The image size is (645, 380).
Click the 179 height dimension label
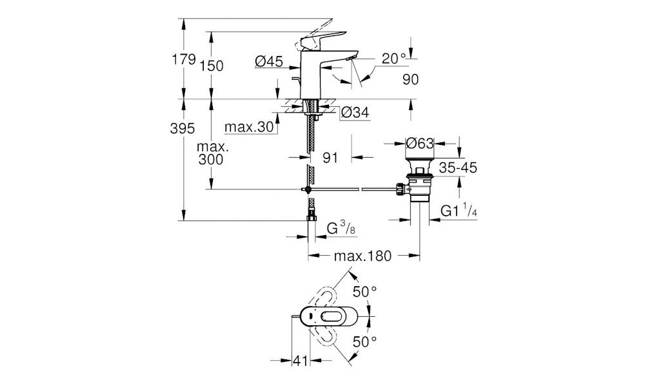pyautogui.click(x=183, y=59)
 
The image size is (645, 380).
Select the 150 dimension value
pyautogui.click(x=212, y=66)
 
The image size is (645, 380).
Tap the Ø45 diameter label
pyautogui.click(x=269, y=62)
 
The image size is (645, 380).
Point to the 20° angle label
pyautogui.click(x=393, y=59)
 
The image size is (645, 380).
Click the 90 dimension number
pyautogui.click(x=410, y=79)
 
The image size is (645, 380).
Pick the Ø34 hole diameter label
pyautogui.click(x=355, y=112)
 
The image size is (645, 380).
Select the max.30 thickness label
pyautogui.click(x=249, y=128)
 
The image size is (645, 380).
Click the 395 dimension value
pyautogui.click(x=183, y=129)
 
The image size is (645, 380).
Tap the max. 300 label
pyautogui.click(x=212, y=153)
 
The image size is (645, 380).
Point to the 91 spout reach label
pyautogui.click(x=330, y=157)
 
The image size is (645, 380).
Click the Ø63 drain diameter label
pyautogui.click(x=420, y=144)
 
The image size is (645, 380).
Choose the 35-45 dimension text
pyautogui.click(x=458, y=167)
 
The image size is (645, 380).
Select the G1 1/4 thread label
pyautogui.click(x=459, y=211)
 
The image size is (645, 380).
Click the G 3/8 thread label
pyautogui.click(x=341, y=229)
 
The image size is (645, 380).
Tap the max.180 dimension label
pyautogui.click(x=362, y=256)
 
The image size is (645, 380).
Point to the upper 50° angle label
pyautogui.click(x=365, y=292)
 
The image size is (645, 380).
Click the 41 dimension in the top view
pyautogui.click(x=300, y=361)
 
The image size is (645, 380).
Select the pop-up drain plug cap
pyautogui.click(x=420, y=153)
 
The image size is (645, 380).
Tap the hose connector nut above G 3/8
pyautogui.click(x=312, y=217)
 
